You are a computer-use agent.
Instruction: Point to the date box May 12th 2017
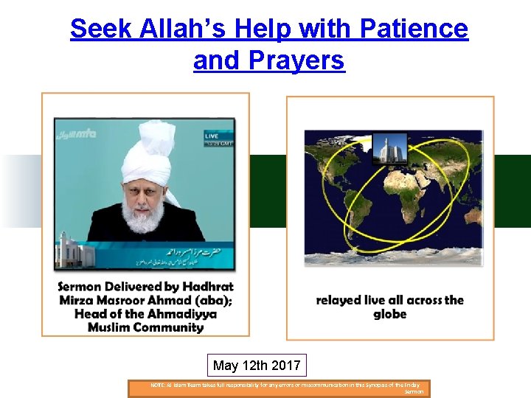coord(257,366)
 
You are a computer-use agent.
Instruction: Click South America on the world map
coord(341,225)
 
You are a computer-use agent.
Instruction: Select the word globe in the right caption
coord(390,315)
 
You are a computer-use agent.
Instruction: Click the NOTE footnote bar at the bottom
coord(280,388)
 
